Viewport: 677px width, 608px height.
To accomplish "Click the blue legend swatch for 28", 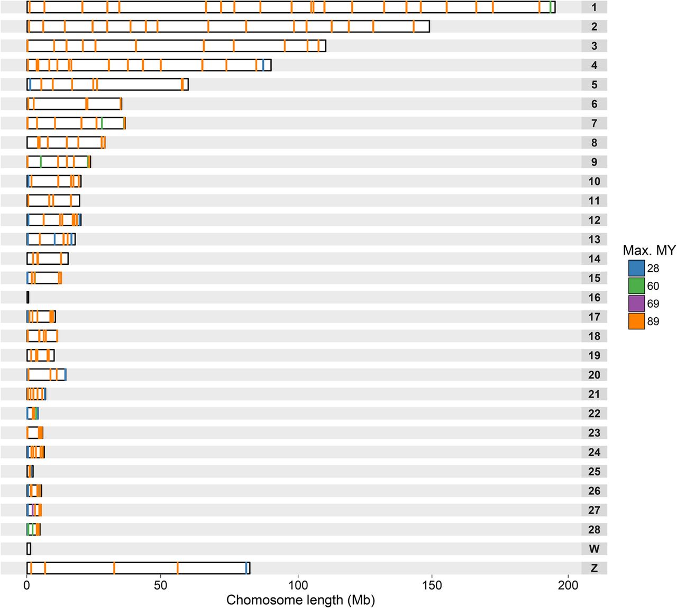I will point(636,268).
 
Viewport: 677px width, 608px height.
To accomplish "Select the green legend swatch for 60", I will point(636,286).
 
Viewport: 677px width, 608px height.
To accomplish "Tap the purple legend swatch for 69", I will point(636,303).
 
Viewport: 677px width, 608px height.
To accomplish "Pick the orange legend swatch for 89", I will point(636,321).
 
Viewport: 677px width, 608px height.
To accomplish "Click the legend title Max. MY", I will point(649,251).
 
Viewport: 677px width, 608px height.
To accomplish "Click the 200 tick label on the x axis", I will point(569,585).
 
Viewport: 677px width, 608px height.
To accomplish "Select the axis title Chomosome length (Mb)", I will point(300,600).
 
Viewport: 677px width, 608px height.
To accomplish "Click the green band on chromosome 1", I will point(551,7).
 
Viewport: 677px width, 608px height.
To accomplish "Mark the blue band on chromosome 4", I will point(263,65).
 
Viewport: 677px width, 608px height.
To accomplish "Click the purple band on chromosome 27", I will point(33,510).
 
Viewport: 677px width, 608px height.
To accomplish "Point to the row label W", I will point(594,549).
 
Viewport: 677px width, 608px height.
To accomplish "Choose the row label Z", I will point(594,568).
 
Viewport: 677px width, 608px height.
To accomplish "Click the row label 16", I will point(594,298).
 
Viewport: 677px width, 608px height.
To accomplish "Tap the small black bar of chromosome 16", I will point(28,298).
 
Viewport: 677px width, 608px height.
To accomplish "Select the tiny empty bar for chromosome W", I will point(29,549).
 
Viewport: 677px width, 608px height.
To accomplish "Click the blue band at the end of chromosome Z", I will point(246,568).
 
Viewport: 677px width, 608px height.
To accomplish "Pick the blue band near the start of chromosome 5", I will point(30,85).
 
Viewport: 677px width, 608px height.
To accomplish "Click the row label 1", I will point(594,7).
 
